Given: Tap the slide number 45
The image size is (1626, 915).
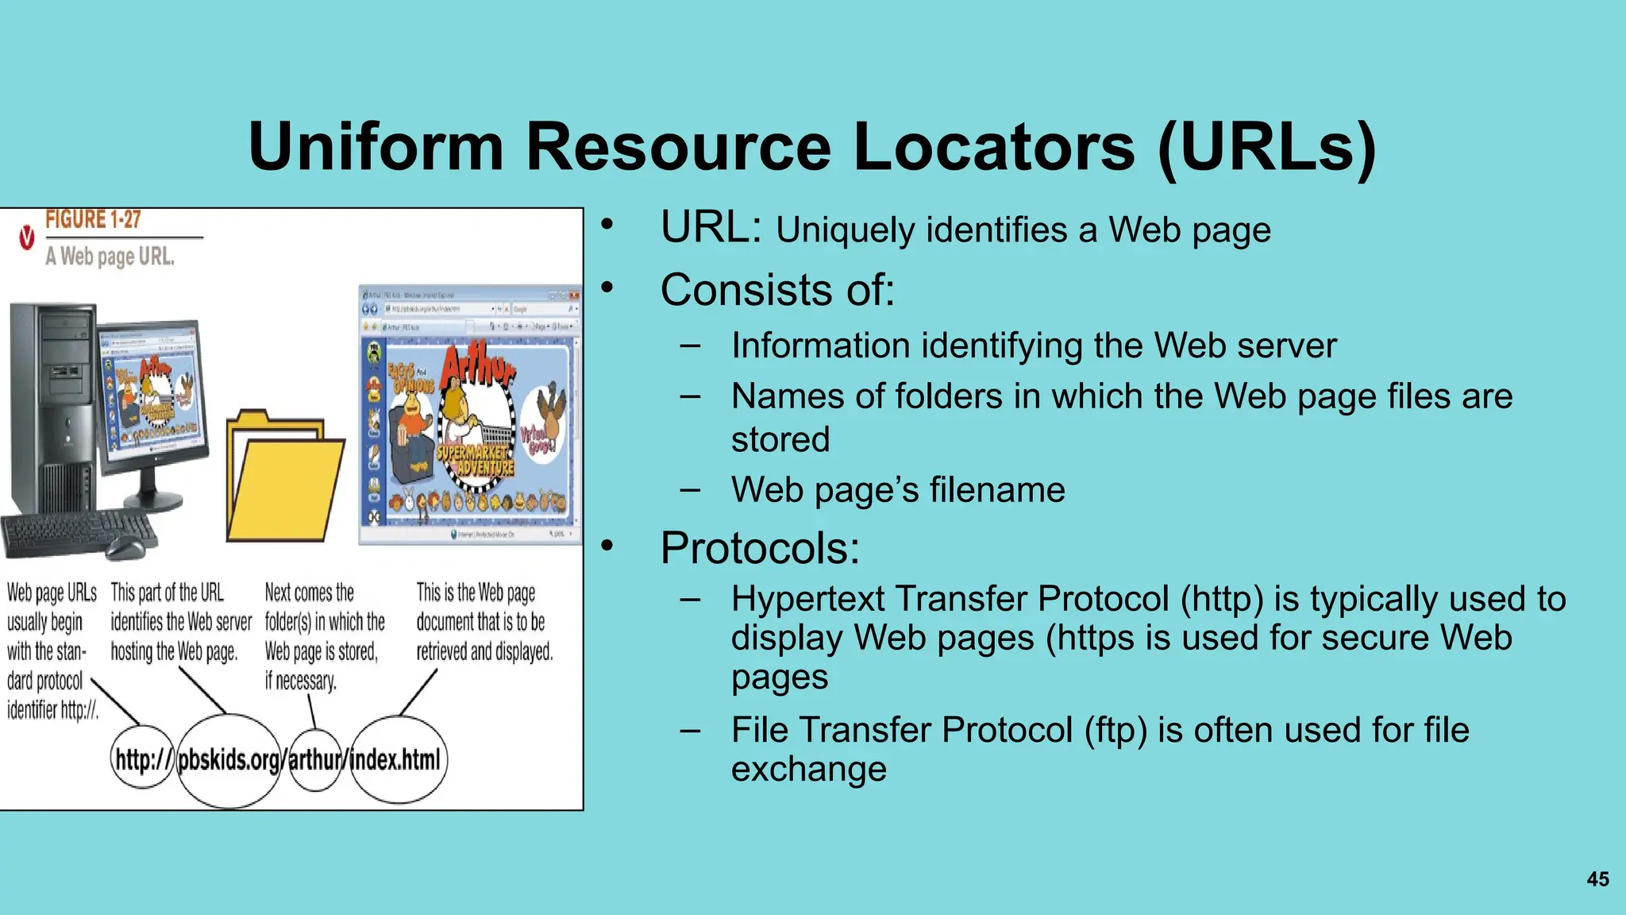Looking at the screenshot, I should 1597,878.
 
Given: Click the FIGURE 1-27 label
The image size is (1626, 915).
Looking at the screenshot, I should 93,220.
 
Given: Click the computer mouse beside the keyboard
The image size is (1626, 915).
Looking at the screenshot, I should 127,546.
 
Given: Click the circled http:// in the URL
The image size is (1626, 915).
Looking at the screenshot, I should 143,759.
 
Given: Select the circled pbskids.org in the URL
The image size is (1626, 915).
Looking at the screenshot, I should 229,760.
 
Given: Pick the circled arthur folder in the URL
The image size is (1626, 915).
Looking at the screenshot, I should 315,760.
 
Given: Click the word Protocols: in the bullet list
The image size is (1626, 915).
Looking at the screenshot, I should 760,548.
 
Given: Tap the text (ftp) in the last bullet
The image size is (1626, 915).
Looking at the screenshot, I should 1115,730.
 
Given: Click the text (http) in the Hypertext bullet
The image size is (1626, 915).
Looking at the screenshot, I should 1221,599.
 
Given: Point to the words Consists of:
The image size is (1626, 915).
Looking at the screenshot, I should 777,290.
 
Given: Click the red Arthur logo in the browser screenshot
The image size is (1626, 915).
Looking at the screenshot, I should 477,367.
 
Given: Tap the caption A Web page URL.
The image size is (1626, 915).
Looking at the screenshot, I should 110,257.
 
